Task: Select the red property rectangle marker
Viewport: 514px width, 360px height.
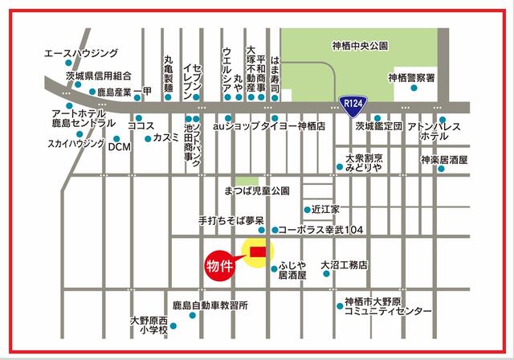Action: (258, 252)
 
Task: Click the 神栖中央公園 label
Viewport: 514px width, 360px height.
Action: (359, 47)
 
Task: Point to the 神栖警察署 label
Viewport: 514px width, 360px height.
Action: (410, 78)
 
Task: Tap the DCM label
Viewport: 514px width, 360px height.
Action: (119, 147)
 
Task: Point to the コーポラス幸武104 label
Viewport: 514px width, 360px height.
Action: (321, 230)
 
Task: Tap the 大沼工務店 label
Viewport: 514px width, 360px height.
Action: (343, 264)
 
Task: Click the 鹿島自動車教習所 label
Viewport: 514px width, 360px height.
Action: (210, 306)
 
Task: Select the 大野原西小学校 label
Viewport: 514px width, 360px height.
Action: (152, 325)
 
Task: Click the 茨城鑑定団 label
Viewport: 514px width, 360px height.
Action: (378, 127)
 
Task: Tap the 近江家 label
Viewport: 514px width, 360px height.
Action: (326, 207)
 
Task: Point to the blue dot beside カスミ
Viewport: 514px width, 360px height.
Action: (149, 138)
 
